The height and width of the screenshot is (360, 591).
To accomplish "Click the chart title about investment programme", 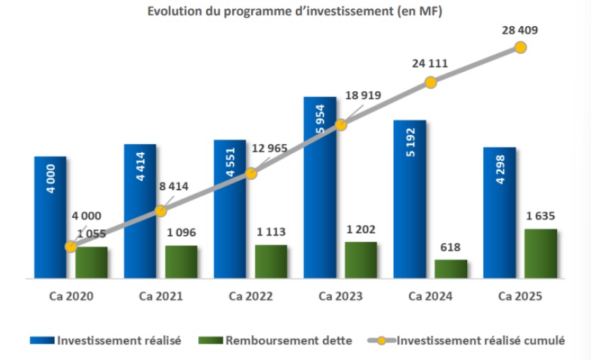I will (x=294, y=12).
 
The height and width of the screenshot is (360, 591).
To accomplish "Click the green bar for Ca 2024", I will (x=451, y=269).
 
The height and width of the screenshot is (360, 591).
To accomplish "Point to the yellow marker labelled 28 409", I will (x=520, y=47).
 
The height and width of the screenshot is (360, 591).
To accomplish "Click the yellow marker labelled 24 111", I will (x=430, y=82).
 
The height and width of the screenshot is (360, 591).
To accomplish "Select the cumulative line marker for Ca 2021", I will (x=161, y=210).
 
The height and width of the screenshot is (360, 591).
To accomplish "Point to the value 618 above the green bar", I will (x=451, y=248).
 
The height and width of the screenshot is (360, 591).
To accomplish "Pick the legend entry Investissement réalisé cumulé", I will (x=480, y=341).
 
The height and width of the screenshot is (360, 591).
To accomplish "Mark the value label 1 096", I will (x=178, y=233).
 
